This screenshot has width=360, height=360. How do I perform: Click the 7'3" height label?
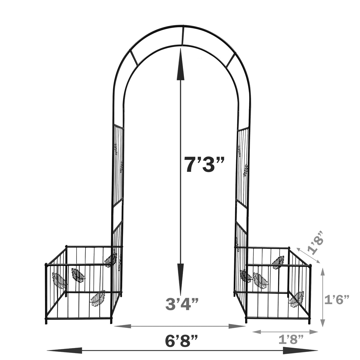click(x=204, y=164)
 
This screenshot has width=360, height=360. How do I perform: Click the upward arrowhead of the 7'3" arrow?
click(x=180, y=64)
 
